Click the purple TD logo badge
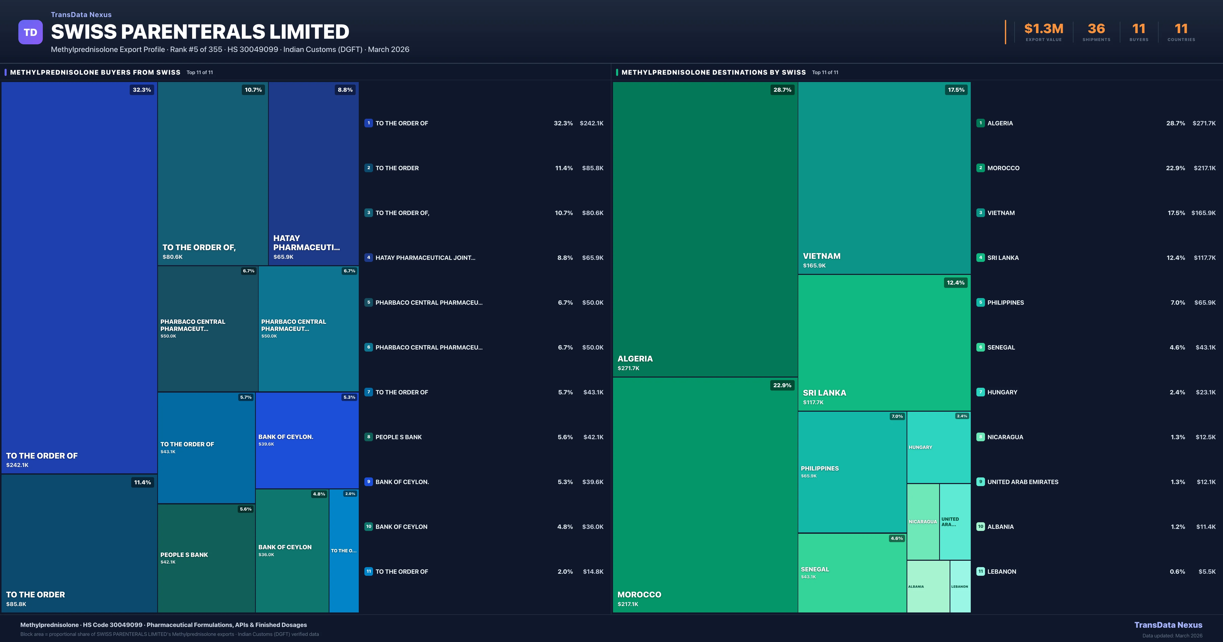pos(30,32)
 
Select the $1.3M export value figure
pos(1044,29)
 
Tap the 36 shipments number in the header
pos(1096,29)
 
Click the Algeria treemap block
pos(705,228)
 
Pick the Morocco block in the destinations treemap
pos(705,494)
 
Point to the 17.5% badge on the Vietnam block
pos(956,90)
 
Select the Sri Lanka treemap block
pos(884,342)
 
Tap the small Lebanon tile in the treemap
pos(960,586)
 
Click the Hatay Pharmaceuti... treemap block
pos(313,173)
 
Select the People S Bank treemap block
pos(206,558)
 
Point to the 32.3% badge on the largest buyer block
pos(141,90)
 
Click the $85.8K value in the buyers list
pos(592,168)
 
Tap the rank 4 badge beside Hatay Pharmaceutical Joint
pos(368,257)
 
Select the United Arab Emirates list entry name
pos(1023,482)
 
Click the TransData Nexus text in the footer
pos(1168,625)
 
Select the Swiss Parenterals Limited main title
pos(200,32)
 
